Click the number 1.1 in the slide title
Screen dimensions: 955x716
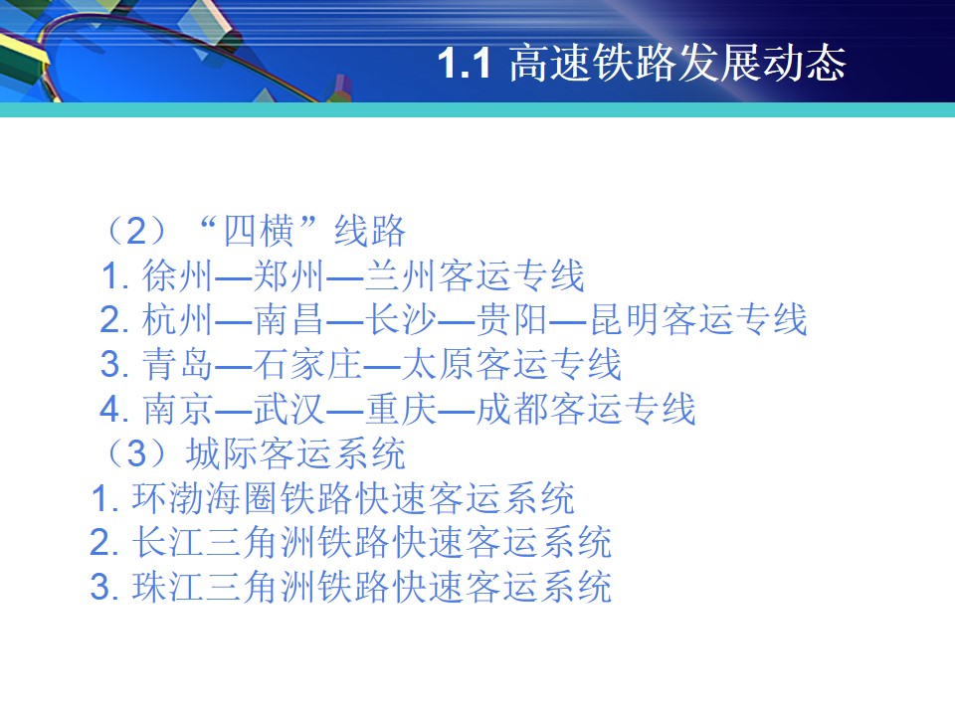pos(465,64)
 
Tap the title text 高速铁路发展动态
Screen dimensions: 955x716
pos(677,63)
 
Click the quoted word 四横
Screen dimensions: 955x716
pos(259,232)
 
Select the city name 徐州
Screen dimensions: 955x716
pos(177,275)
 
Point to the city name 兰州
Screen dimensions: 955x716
pos(400,275)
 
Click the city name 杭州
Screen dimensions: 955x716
pos(177,320)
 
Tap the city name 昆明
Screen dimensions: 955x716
pos(626,320)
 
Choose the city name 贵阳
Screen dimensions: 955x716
pos(511,320)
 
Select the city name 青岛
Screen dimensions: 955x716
pos(177,365)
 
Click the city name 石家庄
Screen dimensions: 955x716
pos(307,365)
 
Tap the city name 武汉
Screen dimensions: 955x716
pos(288,409)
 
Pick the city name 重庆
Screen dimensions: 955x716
pos(401,409)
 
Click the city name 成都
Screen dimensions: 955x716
pos(511,409)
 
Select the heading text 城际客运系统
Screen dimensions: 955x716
pos(296,453)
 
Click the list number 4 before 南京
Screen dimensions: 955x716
pos(110,409)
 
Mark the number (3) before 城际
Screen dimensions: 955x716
pos(136,453)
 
